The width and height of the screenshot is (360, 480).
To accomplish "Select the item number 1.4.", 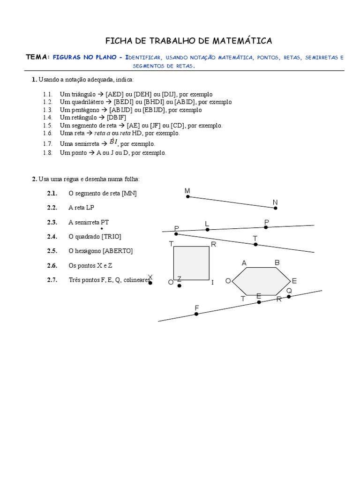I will pyautogui.click(x=47, y=117).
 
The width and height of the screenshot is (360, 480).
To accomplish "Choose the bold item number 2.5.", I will pyautogui.click(x=52, y=251).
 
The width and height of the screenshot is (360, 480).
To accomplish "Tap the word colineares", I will pyautogui.click(x=136, y=280).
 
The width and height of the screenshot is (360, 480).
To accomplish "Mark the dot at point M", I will pyautogui.click(x=188, y=197).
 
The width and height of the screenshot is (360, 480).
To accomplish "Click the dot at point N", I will pyautogui.click(x=276, y=208).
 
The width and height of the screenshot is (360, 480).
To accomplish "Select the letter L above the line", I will pyautogui.click(x=207, y=224).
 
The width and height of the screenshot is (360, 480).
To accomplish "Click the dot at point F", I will pyautogui.click(x=196, y=314).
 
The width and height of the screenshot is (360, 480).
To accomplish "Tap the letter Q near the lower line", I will pyautogui.click(x=289, y=291).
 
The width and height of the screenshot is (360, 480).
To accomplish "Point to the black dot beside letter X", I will pyautogui.click(x=150, y=284).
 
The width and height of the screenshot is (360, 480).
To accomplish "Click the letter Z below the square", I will pyautogui.click(x=179, y=279).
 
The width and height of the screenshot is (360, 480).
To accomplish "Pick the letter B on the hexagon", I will pyautogui.click(x=277, y=262).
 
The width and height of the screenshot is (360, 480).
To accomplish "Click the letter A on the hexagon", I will pyautogui.click(x=244, y=263).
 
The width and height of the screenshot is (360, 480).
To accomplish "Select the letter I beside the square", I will pyautogui.click(x=212, y=282).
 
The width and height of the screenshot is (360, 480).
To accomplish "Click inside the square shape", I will pyautogui.click(x=191, y=264).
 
